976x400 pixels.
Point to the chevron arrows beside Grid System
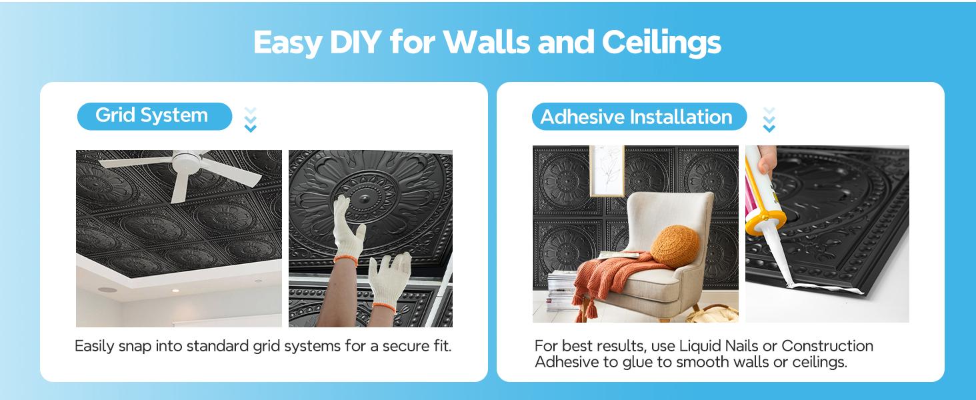[251, 119]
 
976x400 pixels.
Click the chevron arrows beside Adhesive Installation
[769, 120]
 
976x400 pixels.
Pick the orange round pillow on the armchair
[675, 246]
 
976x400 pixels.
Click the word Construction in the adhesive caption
[827, 346]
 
